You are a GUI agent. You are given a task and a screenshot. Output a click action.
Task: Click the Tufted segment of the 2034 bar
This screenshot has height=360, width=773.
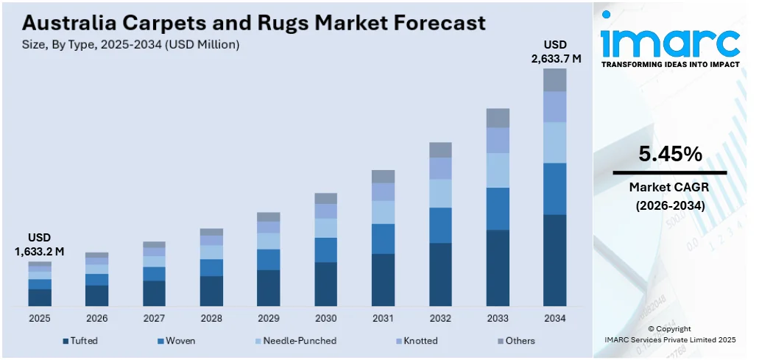pyautogui.click(x=554, y=260)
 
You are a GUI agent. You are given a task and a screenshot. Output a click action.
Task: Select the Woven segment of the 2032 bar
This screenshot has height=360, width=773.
pyautogui.click(x=440, y=225)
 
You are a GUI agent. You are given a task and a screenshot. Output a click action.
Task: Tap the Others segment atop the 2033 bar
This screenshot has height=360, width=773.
pyautogui.click(x=498, y=118)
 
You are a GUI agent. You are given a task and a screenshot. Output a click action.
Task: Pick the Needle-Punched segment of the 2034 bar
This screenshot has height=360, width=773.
pyautogui.click(x=554, y=142)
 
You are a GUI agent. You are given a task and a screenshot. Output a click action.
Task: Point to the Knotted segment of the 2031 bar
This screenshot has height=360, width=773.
pyautogui.click(x=383, y=192)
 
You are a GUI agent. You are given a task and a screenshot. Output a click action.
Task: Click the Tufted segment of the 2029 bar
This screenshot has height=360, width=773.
pyautogui.click(x=268, y=288)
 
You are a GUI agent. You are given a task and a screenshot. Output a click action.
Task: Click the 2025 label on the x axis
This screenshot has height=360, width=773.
pyautogui.click(x=40, y=319)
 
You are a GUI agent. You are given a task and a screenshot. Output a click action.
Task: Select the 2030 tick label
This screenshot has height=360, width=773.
pyautogui.click(x=325, y=319)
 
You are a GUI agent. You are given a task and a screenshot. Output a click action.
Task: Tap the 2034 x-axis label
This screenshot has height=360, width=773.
pyautogui.click(x=554, y=319)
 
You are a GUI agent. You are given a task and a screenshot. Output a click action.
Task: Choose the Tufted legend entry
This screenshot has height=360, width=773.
pyautogui.click(x=80, y=341)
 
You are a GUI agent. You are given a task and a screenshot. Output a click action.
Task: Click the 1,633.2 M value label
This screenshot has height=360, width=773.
pyautogui.click(x=40, y=252)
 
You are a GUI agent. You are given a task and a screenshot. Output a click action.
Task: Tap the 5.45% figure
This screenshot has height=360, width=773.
pyautogui.click(x=670, y=155)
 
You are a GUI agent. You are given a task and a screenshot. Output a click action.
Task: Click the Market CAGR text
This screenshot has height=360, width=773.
pyautogui.click(x=670, y=188)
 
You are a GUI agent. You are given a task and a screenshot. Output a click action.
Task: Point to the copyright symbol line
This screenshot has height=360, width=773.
pyautogui.click(x=670, y=328)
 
